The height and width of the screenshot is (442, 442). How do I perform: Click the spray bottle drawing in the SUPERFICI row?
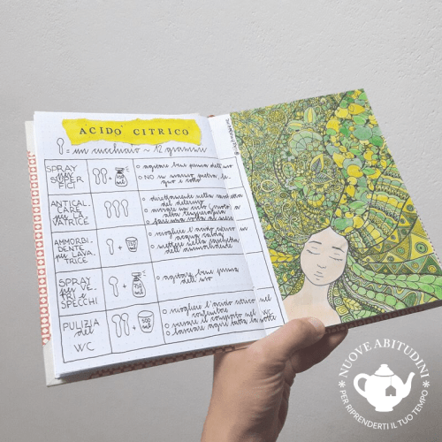click(121, 177)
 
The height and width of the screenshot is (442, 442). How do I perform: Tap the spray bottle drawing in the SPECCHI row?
click(138, 284)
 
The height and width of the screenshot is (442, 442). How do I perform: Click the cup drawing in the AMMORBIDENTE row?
click(132, 244)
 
